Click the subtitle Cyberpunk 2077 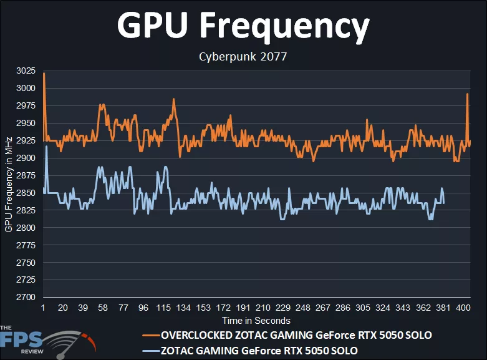(x=243, y=57)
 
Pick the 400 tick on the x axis (x=463, y=308)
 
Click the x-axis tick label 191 (x=243, y=308)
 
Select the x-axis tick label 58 (x=103, y=308)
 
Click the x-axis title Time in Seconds (x=256, y=321)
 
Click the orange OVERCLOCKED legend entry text (x=296, y=335)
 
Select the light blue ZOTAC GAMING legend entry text (x=259, y=350)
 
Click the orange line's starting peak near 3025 (x=44, y=74)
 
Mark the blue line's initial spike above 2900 (x=47, y=147)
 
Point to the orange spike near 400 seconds (x=467, y=94)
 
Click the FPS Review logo (x=44, y=341)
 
